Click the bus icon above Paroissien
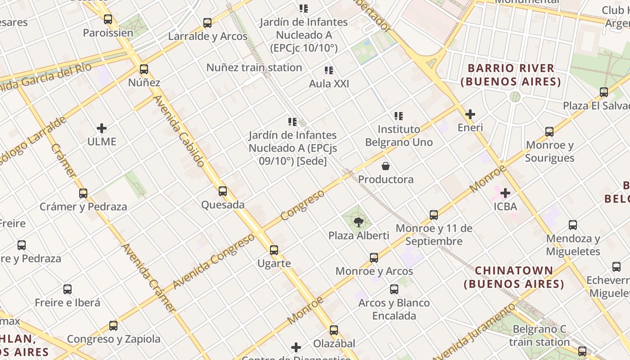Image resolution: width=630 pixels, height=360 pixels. click(x=108, y=19)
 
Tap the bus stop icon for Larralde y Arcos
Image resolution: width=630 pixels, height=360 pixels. click(x=207, y=23)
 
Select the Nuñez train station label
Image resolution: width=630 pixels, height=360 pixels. click(x=254, y=67)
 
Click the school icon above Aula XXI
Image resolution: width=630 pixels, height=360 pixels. click(x=329, y=71)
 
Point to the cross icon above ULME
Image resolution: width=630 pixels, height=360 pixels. click(x=102, y=128)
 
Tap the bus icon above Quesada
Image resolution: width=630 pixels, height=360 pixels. click(x=223, y=191)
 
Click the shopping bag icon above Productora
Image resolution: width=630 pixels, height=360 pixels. click(x=386, y=166)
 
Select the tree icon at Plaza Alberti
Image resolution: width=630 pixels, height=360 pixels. click(x=359, y=222)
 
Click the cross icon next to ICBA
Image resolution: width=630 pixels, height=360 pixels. click(x=505, y=193)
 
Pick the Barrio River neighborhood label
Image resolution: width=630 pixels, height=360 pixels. click(x=511, y=75)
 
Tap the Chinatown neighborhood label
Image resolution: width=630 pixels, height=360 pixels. click(x=514, y=277)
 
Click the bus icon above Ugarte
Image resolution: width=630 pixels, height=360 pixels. click(x=274, y=250)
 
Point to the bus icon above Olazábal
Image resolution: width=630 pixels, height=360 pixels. click(x=333, y=330)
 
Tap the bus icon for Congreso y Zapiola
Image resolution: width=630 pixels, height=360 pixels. click(x=113, y=326)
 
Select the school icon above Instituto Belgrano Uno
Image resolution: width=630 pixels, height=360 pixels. click(x=398, y=116)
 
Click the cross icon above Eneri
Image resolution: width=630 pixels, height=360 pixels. click(x=470, y=114)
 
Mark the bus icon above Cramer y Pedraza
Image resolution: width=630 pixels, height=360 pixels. click(x=83, y=193)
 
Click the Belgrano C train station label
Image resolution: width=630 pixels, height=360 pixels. click(x=539, y=336)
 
